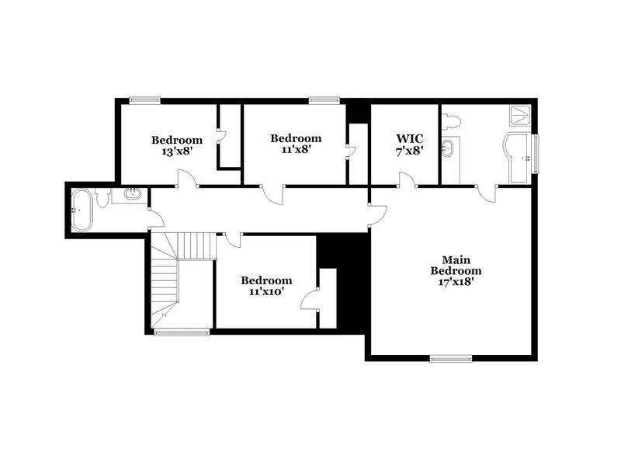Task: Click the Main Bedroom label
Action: tap(456, 265)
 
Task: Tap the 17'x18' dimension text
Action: tap(456, 283)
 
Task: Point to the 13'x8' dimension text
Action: tap(177, 151)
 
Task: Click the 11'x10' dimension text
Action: tap(266, 292)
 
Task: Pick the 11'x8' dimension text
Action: tap(296, 150)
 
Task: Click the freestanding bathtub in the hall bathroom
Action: tap(81, 210)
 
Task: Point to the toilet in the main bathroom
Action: tap(452, 121)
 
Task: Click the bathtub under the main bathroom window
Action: tap(519, 158)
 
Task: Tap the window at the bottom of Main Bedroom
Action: tap(451, 358)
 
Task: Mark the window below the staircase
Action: tap(182, 332)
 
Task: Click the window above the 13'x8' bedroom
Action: tap(144, 99)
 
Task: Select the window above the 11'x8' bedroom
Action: tap(324, 99)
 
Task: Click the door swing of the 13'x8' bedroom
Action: tap(187, 180)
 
